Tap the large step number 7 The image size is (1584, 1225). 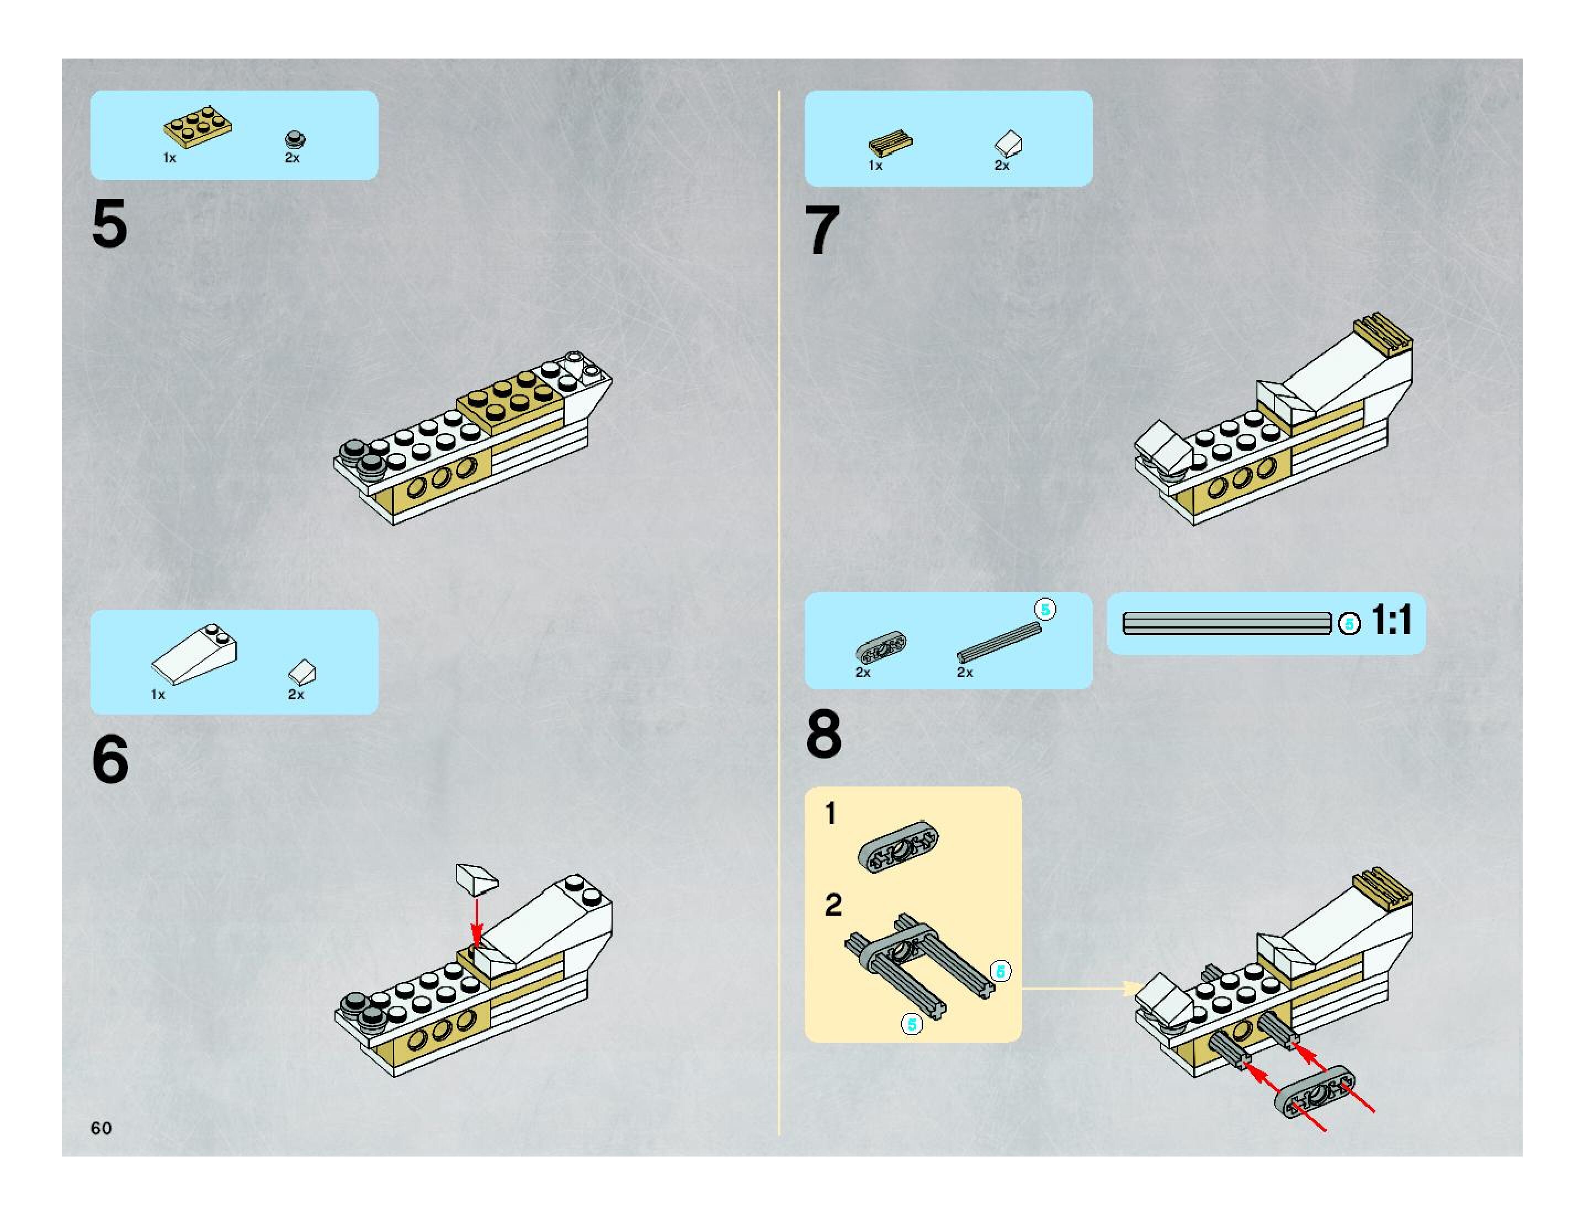tap(822, 230)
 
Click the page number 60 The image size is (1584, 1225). tap(102, 1128)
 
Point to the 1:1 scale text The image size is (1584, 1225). tap(1391, 620)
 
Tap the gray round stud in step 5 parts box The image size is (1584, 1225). tap(295, 139)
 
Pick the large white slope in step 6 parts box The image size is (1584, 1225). tap(194, 653)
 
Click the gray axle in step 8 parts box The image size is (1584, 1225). tap(1000, 642)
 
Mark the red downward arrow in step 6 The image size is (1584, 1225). tap(476, 922)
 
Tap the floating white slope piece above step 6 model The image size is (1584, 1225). tap(476, 878)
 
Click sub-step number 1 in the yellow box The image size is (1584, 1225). tap(831, 814)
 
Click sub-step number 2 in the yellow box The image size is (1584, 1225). tap(833, 904)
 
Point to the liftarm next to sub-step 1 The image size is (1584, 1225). tap(899, 846)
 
